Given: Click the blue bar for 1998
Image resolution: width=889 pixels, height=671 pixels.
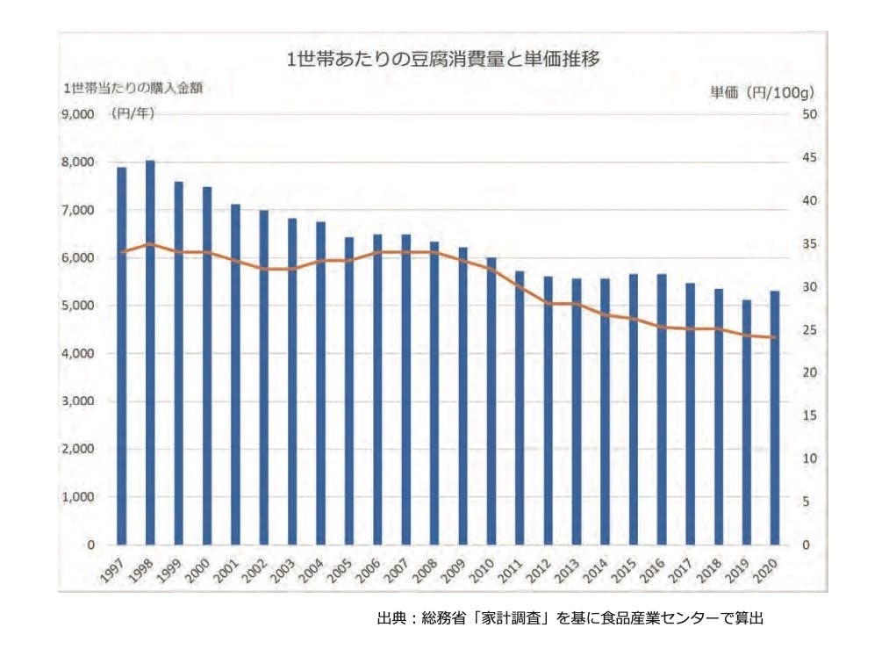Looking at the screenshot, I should [x=150, y=351].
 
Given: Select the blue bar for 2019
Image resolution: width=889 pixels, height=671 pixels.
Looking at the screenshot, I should [x=747, y=422].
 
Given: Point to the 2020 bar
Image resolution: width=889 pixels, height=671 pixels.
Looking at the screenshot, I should [x=775, y=417].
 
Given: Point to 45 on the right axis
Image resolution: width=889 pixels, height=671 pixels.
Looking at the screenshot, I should [x=808, y=158].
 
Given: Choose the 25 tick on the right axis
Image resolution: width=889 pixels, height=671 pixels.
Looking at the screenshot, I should [x=808, y=330].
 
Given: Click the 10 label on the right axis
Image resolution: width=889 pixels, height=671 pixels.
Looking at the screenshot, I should [x=808, y=459].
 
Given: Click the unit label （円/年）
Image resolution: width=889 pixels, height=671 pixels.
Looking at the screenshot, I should [x=133, y=114].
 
